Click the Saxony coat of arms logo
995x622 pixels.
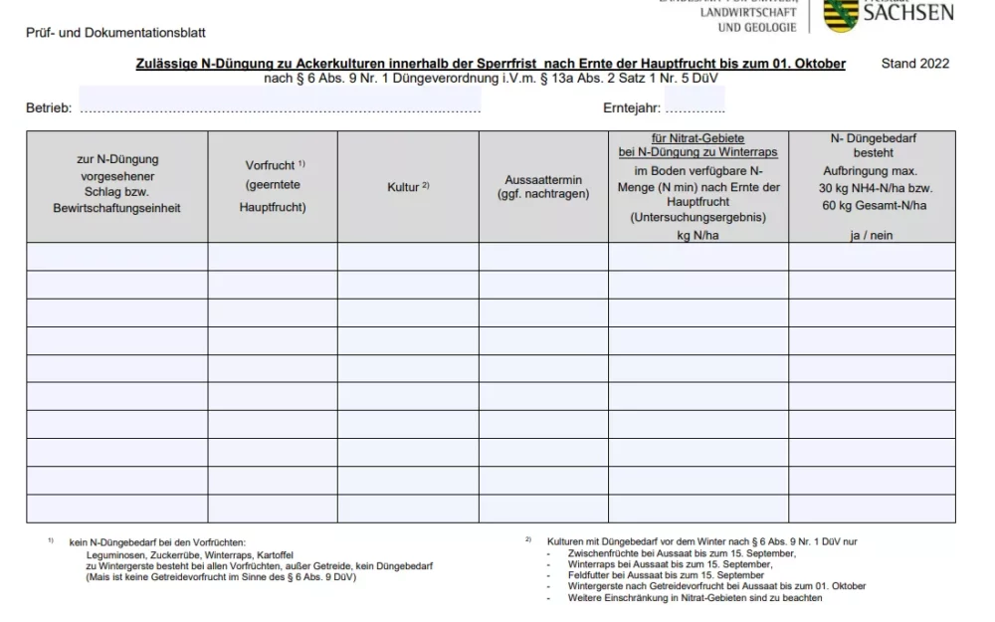point(842,14)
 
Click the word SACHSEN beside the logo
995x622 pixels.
point(907,13)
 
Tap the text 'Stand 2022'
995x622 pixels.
point(915,64)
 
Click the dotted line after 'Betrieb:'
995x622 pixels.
point(279,108)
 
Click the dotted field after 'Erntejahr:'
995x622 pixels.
point(695,108)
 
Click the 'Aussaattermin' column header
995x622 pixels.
point(543,180)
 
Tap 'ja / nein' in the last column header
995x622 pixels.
point(872,235)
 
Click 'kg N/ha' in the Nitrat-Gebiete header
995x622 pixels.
point(697,235)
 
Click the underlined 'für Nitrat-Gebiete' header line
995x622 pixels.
point(697,139)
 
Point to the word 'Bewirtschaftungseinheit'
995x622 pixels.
point(116,209)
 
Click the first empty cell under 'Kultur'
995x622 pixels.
point(408,257)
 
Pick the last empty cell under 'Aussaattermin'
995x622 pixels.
point(543,509)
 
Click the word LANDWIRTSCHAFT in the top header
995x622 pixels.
point(747,13)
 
